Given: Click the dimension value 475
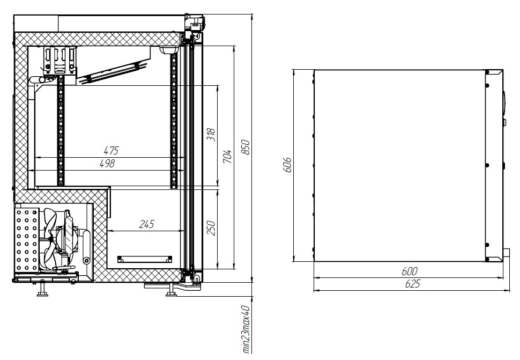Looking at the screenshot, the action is tap(111, 151).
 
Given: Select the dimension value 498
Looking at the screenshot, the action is tap(107, 164).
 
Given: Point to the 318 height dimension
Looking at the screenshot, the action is tap(211, 135).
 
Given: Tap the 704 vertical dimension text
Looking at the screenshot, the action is tap(227, 156).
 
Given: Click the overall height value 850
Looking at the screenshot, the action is tap(245, 147).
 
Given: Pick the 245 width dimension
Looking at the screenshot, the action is tap(146, 224).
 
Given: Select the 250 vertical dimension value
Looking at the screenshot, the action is tap(211, 228).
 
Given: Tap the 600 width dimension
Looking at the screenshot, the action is tap(409, 271).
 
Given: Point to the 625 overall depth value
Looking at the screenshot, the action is tap(413, 284).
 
